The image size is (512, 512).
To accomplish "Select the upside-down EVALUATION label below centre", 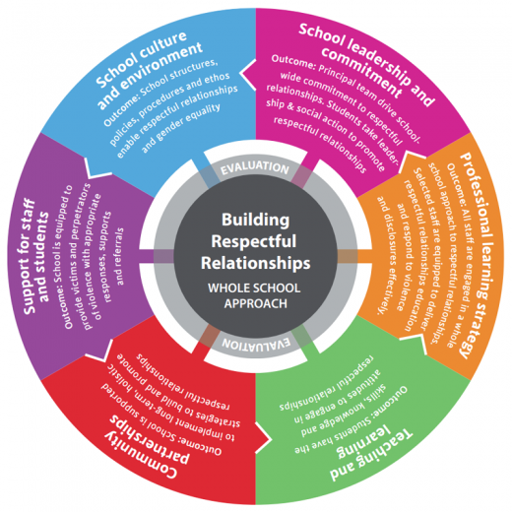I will click(255, 346).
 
